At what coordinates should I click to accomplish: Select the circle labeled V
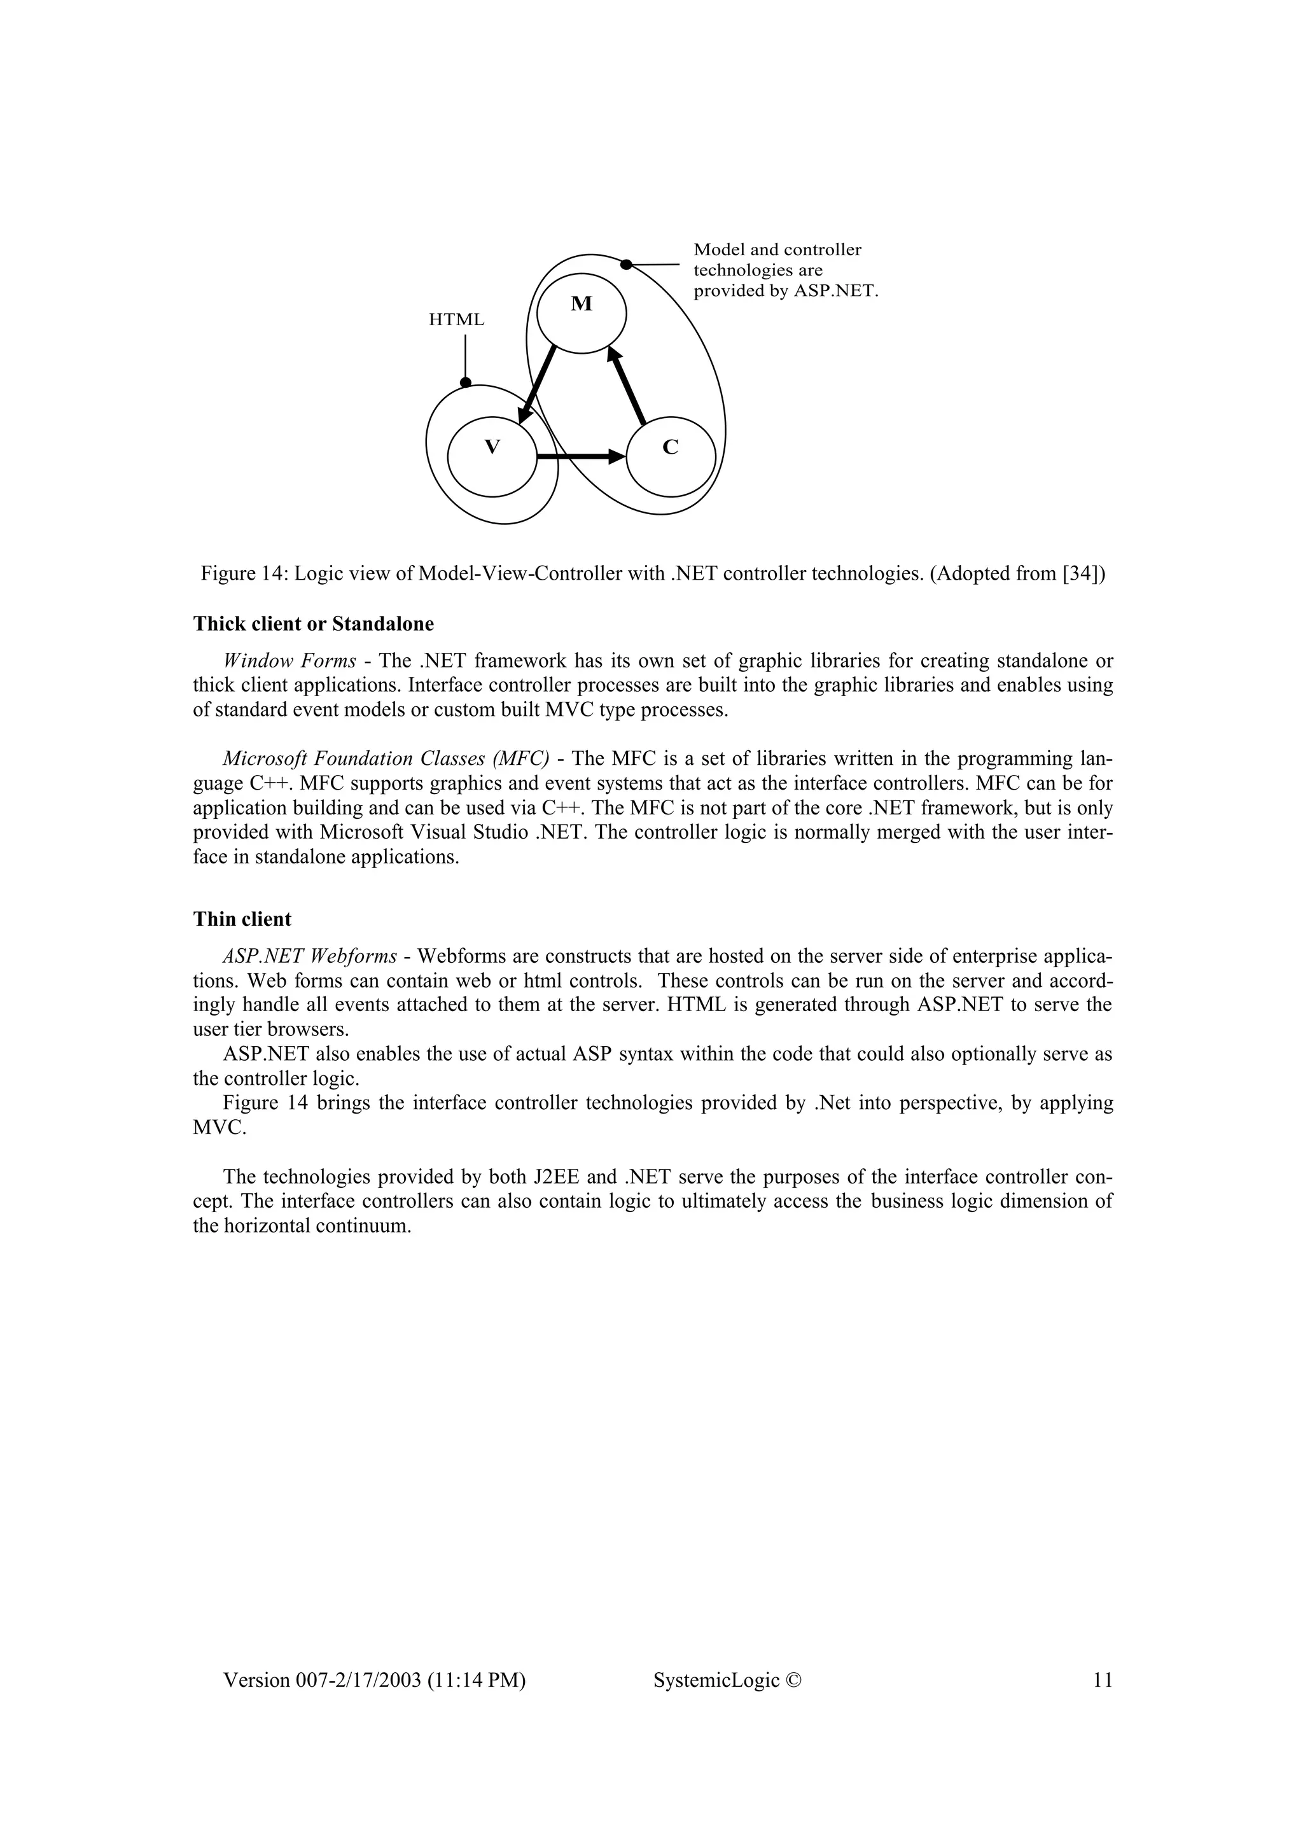pyautogui.click(x=491, y=458)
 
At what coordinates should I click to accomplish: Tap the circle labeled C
pyautogui.click(x=671, y=458)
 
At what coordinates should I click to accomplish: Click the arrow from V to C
pyautogui.click(x=580, y=457)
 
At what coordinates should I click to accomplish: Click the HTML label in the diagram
pyautogui.click(x=457, y=319)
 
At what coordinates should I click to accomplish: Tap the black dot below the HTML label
pyautogui.click(x=466, y=383)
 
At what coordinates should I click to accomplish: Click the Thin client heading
pyautogui.click(x=242, y=919)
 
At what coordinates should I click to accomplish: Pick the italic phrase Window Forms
pyautogui.click(x=289, y=661)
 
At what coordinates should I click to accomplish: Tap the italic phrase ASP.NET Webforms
pyautogui.click(x=310, y=956)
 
